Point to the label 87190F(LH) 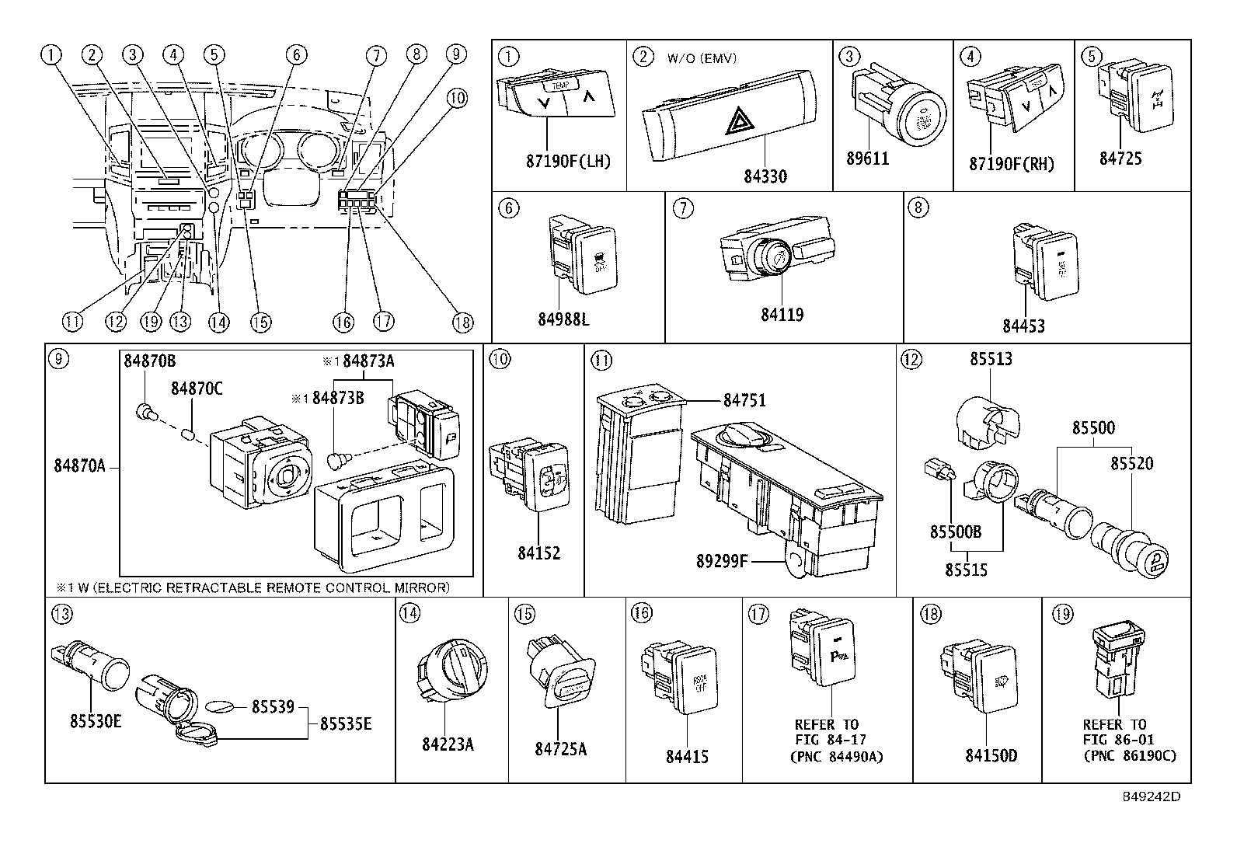tap(569, 161)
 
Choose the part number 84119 tap(782, 315)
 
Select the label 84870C tap(197, 388)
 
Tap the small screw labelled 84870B tap(142, 413)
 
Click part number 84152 tap(538, 553)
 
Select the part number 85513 tap(991, 360)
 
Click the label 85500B tap(956, 532)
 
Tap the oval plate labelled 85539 tap(221, 706)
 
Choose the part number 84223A tap(448, 744)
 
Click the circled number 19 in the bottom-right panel tap(1062, 614)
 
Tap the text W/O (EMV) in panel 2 tap(701, 58)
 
